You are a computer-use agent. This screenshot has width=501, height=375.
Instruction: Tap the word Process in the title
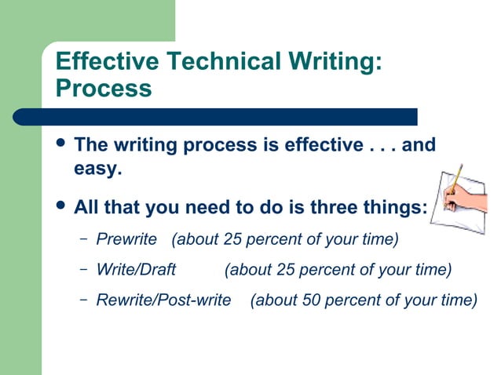pyautogui.click(x=104, y=88)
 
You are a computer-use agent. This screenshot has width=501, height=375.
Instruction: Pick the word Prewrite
pyautogui.click(x=126, y=238)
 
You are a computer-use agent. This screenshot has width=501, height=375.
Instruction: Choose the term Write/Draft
pyautogui.click(x=136, y=270)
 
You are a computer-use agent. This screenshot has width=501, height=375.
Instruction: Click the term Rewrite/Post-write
pyautogui.click(x=163, y=300)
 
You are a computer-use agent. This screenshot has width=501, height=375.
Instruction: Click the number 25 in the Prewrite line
pyautogui.click(x=233, y=238)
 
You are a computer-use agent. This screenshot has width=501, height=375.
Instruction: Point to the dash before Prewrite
pyautogui.click(x=84, y=238)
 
